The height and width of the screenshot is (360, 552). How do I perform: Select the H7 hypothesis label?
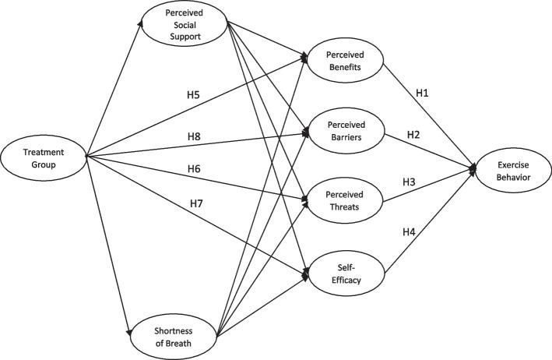pyautogui.click(x=198, y=204)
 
